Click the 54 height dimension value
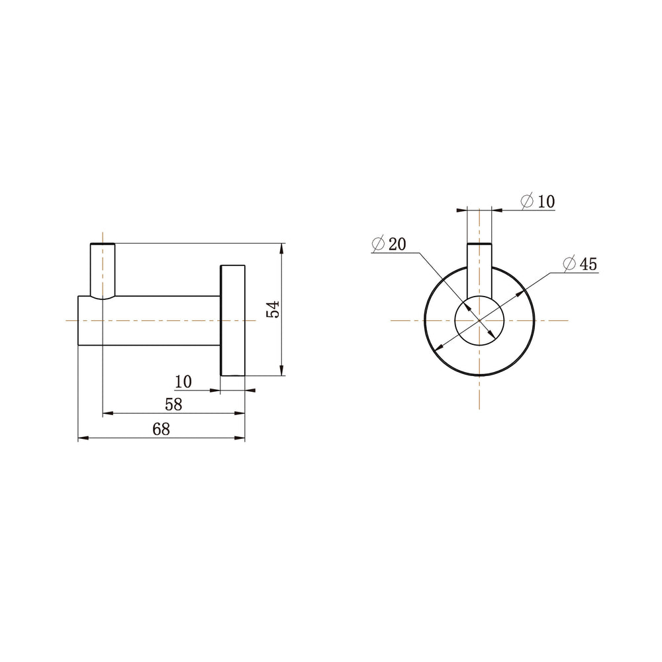[x=273, y=309]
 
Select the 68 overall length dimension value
[x=161, y=430]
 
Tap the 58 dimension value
[x=173, y=404]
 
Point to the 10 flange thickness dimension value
[x=183, y=382]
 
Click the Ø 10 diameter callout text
[x=538, y=201]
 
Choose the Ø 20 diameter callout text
[x=389, y=244]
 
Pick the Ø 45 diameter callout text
[x=581, y=264]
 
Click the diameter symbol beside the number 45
[x=569, y=264]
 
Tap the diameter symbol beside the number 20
[x=378, y=244]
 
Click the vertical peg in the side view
[x=103, y=271]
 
